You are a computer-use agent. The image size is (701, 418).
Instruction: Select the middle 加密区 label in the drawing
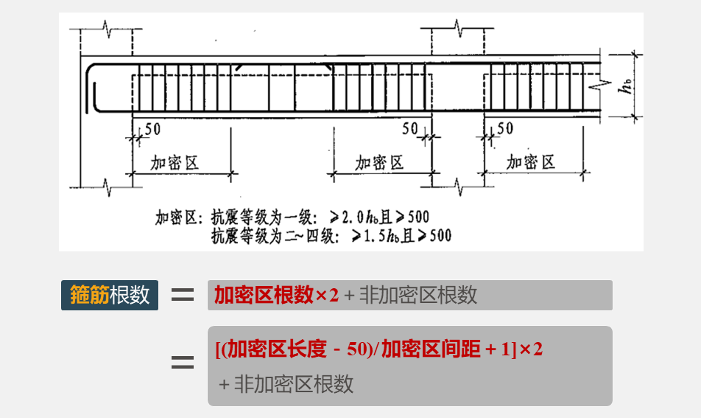pyautogui.click(x=380, y=162)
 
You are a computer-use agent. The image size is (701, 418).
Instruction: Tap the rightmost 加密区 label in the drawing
pyautogui.click(x=531, y=162)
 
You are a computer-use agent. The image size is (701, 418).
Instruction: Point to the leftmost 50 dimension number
pyautogui.click(x=152, y=129)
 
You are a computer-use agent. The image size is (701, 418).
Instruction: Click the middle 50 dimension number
pyautogui.click(x=410, y=129)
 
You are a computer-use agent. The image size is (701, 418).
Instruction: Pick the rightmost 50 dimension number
pyautogui.click(x=505, y=129)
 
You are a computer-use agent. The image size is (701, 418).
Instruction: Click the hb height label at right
pyautogui.click(x=627, y=87)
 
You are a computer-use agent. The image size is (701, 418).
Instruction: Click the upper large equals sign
pyautogui.click(x=183, y=295)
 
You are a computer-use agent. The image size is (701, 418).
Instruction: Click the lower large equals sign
pyautogui.click(x=183, y=363)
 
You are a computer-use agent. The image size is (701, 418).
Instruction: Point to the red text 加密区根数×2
pyautogui.click(x=276, y=296)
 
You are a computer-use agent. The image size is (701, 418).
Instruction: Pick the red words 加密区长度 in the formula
pyautogui.click(x=277, y=349)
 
